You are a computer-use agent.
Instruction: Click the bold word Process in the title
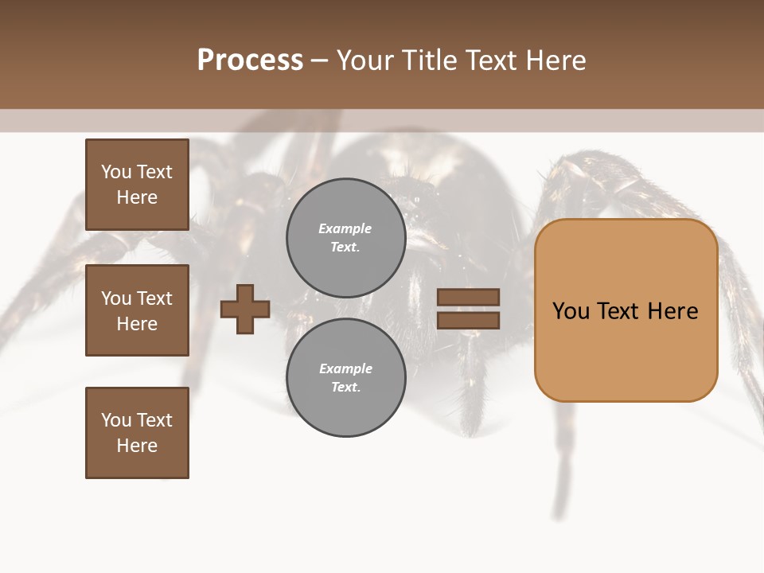point(250,60)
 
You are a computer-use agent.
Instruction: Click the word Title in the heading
point(431,60)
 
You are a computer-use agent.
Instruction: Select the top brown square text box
point(137,185)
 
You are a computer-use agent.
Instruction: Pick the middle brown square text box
point(137,310)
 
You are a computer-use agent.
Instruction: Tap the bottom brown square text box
point(137,433)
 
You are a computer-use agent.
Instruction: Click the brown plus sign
point(245,309)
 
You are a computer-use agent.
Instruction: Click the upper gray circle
point(345,237)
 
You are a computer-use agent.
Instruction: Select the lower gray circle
point(345,377)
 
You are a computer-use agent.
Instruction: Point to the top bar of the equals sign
point(468,297)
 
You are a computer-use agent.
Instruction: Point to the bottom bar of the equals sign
point(468,320)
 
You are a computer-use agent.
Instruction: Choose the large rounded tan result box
point(626,350)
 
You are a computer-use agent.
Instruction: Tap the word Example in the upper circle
point(345,228)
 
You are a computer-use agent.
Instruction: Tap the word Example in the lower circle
point(345,368)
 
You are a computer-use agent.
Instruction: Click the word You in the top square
point(116,172)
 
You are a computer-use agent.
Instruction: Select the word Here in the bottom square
point(137,446)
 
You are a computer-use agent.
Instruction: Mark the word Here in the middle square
point(137,324)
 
